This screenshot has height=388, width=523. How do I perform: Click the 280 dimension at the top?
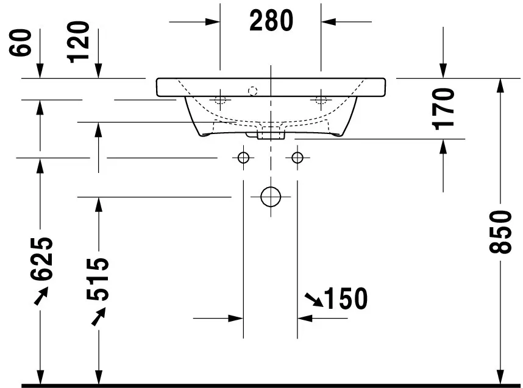click(271, 21)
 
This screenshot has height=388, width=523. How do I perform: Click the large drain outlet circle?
click(270, 197)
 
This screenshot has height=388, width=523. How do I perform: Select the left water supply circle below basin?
click(243, 158)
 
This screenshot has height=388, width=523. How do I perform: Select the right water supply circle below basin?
click(297, 158)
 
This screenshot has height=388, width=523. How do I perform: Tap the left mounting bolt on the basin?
click(220, 99)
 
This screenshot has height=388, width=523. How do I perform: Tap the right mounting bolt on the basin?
click(319, 99)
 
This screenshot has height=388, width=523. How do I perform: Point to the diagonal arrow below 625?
click(41, 296)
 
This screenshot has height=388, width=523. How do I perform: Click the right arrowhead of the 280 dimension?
click(329, 22)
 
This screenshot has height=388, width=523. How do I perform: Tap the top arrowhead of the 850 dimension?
click(500, 85)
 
